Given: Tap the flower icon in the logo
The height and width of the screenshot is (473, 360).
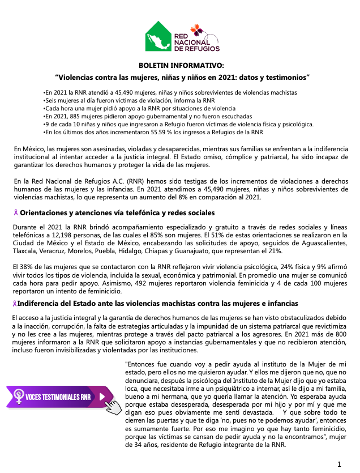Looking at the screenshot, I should [x=195, y=29].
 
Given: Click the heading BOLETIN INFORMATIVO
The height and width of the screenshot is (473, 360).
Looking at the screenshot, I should [x=181, y=66].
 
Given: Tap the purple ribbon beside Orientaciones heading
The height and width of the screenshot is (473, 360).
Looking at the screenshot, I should [x=16, y=213].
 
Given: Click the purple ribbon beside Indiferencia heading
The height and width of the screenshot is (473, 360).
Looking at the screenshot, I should [x=15, y=304].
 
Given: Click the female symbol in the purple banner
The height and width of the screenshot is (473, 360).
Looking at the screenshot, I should [x=18, y=397].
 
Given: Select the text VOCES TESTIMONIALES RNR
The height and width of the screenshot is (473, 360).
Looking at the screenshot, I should [x=58, y=397].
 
